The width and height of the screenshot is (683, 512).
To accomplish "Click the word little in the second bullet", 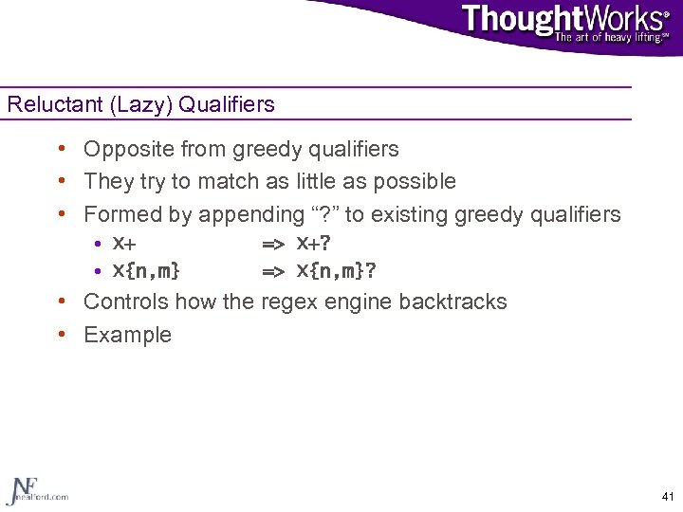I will (327, 181).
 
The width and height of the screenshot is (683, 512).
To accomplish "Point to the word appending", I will (247, 215).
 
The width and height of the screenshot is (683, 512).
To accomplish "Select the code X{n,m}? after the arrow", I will (336, 271).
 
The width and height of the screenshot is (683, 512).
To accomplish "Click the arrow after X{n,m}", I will (273, 272).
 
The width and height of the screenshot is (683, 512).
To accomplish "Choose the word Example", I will (127, 335).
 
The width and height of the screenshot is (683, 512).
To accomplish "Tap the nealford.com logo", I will (36, 489).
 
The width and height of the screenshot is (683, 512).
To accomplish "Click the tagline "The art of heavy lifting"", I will (607, 37).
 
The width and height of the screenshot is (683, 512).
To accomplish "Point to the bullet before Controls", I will (61, 302).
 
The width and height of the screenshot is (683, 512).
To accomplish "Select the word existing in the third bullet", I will (413, 215).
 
